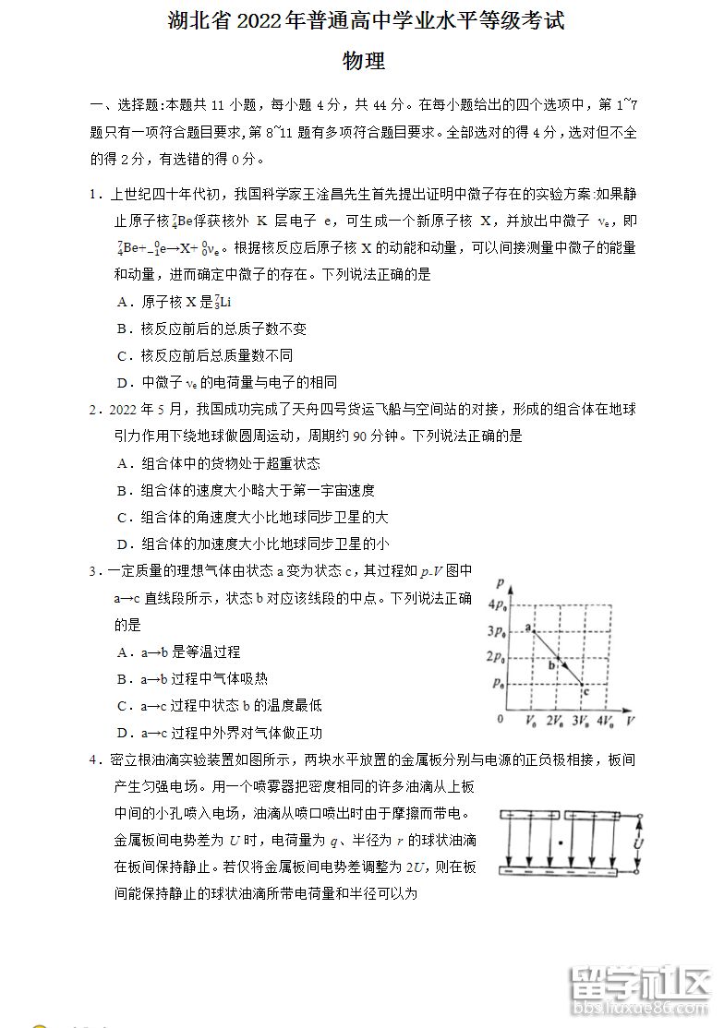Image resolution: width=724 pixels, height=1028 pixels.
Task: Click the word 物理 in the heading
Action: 363,62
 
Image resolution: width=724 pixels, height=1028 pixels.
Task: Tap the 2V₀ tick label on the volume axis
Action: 556,719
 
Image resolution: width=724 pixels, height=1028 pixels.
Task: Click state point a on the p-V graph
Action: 530,629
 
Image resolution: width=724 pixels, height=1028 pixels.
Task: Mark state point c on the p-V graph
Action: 584,685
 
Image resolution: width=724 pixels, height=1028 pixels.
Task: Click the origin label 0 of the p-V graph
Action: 501,719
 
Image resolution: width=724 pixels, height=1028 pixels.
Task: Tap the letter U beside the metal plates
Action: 635,843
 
